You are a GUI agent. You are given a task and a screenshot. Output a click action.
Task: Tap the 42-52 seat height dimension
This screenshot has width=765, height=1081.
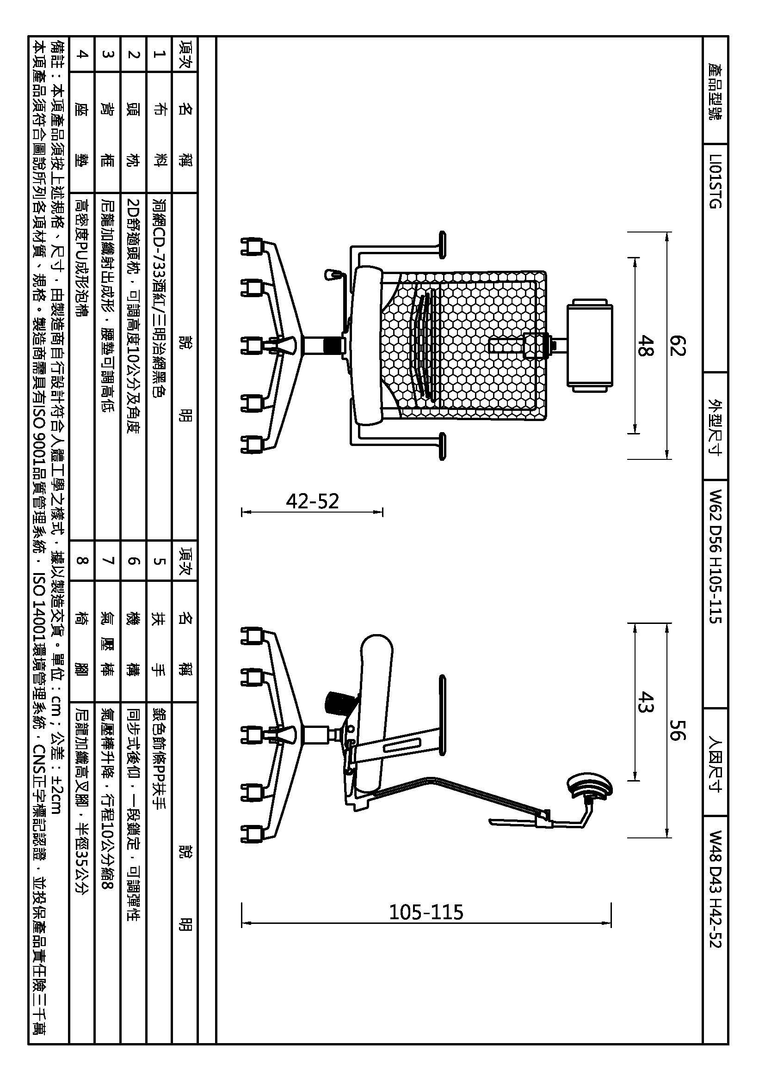pos(312,501)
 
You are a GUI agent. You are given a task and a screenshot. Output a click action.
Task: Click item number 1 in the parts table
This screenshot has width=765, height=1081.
pos(159,54)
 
